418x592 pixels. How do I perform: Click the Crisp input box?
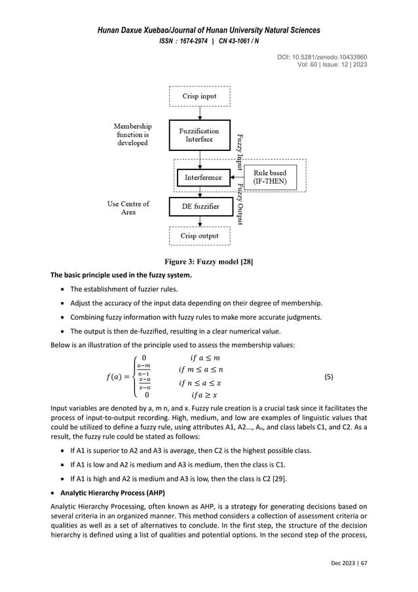(x=199, y=96)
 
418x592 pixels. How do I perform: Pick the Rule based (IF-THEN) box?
(x=270, y=177)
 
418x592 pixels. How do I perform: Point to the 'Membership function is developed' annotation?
(x=132, y=134)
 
